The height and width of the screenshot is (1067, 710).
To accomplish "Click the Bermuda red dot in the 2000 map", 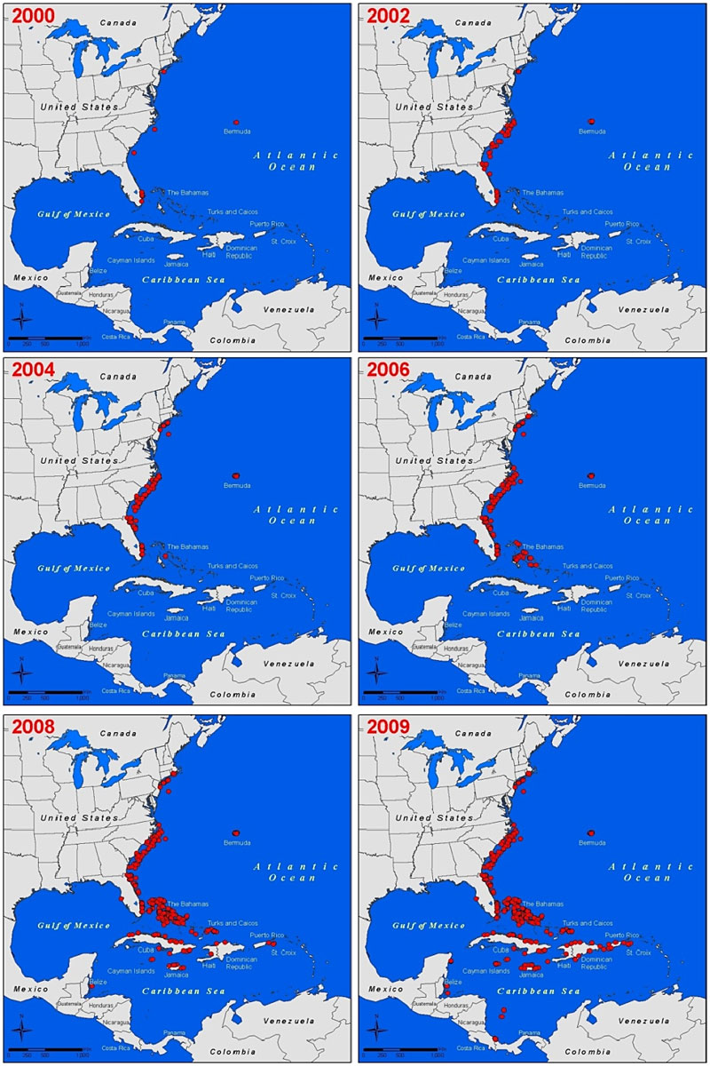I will coord(236,122).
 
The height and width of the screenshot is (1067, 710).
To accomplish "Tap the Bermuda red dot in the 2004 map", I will coord(236,475).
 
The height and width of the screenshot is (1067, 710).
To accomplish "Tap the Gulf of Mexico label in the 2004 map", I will coord(73,569).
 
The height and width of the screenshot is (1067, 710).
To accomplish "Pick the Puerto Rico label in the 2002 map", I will coord(621,224).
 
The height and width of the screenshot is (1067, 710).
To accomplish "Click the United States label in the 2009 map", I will coord(435,817).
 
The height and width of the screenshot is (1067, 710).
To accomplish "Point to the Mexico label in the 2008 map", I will coord(31,988).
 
